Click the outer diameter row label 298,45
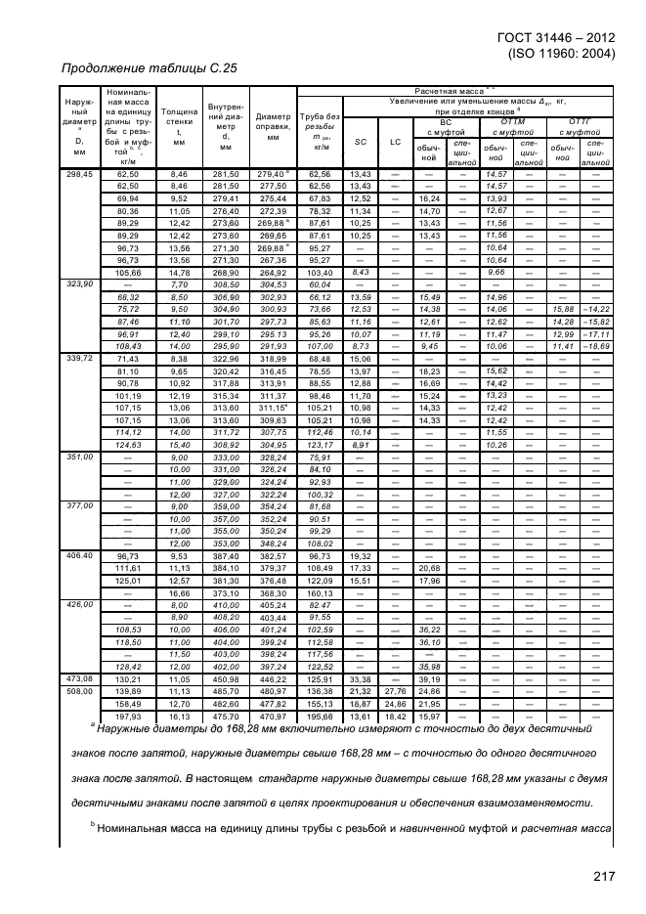pyautogui.click(x=78, y=173)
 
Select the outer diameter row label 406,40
pyautogui.click(x=78, y=555)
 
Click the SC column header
pyautogui.click(x=359, y=142)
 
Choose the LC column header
pyautogui.click(x=396, y=142)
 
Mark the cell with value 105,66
pyautogui.click(x=128, y=272)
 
